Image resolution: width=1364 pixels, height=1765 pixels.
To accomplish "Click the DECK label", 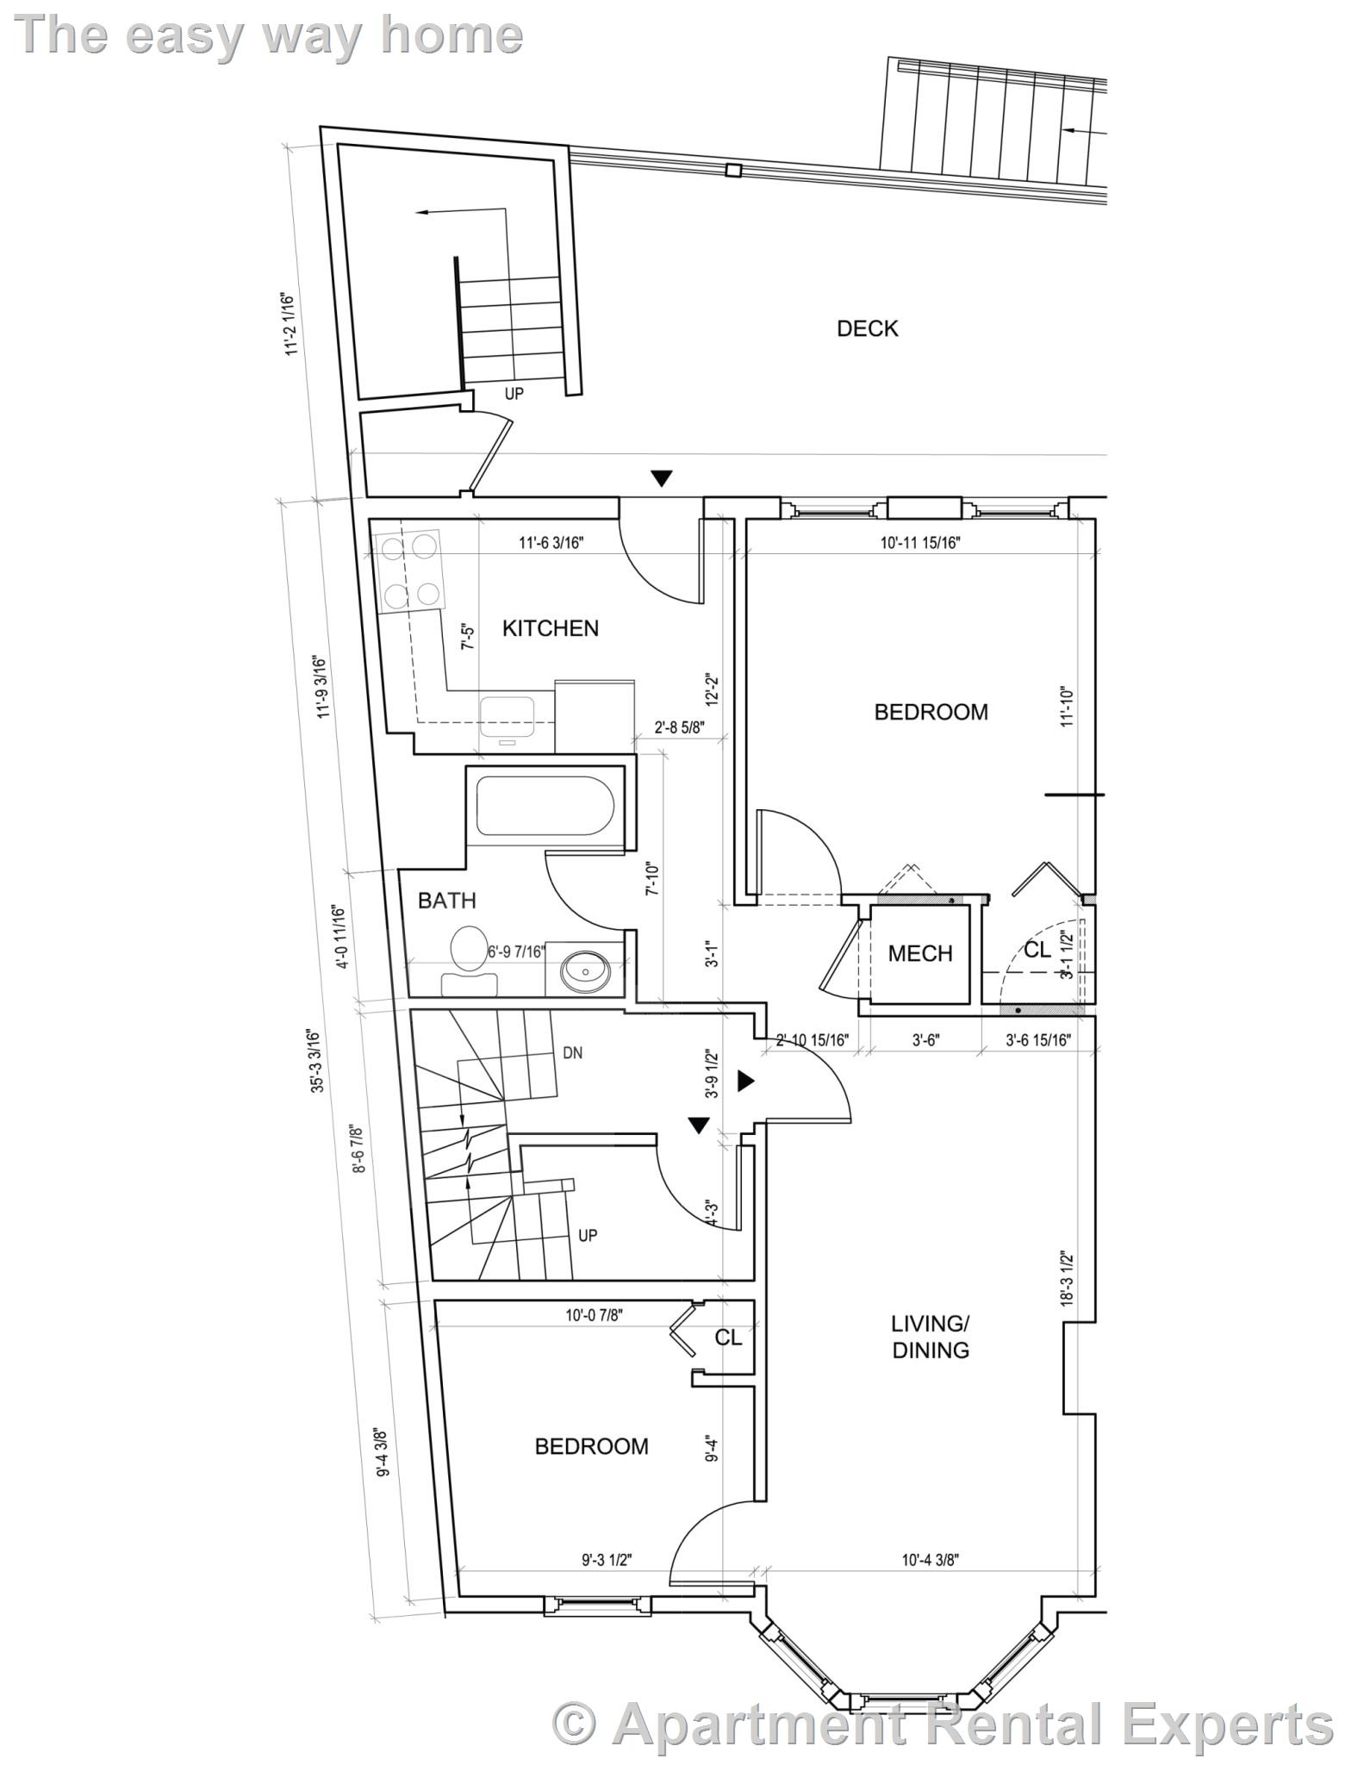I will click(x=867, y=328).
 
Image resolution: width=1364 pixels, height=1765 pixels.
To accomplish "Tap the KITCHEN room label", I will click(x=550, y=628).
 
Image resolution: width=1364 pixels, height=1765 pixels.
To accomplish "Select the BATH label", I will click(x=446, y=901).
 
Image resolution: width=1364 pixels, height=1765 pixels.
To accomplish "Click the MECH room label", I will click(x=920, y=953).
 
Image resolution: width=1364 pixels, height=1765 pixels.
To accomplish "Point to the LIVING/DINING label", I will click(x=930, y=1337).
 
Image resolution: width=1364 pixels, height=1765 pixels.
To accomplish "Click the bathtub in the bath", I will click(x=545, y=806).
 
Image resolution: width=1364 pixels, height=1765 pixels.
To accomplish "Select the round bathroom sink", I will click(x=587, y=973).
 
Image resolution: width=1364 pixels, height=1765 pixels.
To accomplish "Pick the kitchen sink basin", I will click(x=508, y=714).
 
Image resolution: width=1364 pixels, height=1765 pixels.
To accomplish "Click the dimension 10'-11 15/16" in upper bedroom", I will click(x=920, y=543).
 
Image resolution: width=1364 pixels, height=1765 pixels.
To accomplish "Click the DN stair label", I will click(x=572, y=1052).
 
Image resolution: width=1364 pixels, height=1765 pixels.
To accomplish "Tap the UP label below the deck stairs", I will click(x=514, y=394).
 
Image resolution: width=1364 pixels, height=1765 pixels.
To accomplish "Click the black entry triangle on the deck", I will click(x=661, y=478).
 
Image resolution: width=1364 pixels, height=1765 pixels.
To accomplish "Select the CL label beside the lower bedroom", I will click(x=728, y=1338).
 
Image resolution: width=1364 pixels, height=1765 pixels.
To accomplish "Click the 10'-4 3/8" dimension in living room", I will click(x=931, y=1560).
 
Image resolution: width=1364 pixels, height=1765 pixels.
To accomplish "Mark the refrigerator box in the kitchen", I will click(x=595, y=716).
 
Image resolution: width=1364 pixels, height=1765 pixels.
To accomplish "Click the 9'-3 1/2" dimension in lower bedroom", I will click(x=607, y=1560).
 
